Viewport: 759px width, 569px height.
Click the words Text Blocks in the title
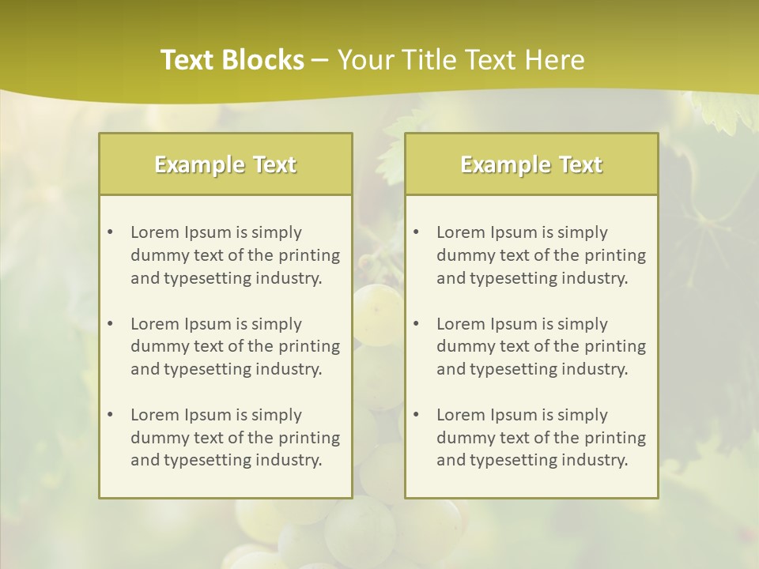coord(232,60)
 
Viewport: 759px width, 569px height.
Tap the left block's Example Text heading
coord(225,164)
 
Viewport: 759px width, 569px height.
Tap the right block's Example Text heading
coord(531,164)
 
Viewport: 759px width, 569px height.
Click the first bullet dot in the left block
coord(110,232)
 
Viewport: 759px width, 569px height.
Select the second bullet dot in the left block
coord(110,324)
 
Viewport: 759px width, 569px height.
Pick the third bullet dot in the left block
coord(110,415)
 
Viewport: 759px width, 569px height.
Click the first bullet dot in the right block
coord(416,232)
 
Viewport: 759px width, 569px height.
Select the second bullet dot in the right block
coord(416,324)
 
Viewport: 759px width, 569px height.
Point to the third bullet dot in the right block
coord(416,415)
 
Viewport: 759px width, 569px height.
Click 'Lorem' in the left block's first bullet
coord(155,232)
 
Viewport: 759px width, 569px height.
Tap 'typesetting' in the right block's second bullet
coord(507,369)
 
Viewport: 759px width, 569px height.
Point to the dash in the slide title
coord(320,60)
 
